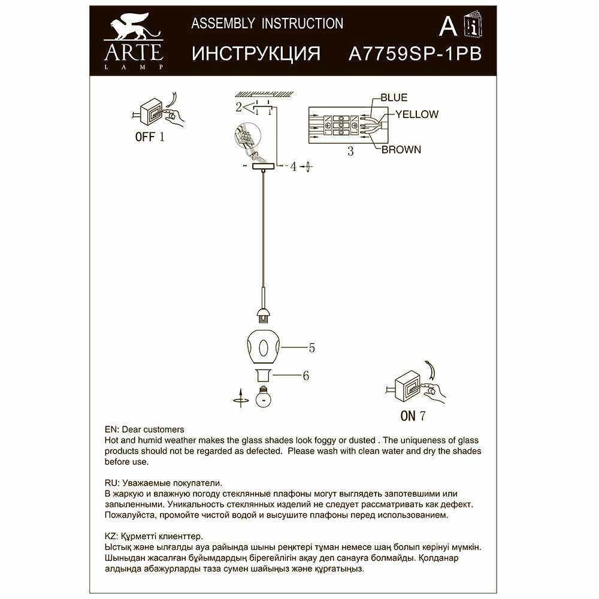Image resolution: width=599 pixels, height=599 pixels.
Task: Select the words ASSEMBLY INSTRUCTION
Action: coord(267,24)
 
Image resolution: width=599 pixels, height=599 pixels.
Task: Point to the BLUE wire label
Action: coord(393,98)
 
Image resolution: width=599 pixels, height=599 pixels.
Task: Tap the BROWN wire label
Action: coord(401,150)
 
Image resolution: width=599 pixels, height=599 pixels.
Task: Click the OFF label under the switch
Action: coord(145,137)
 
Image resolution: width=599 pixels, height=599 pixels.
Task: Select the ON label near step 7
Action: coord(408,415)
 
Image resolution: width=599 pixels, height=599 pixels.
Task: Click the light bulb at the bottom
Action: coord(262,397)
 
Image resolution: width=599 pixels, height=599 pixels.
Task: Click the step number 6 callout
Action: coord(305,376)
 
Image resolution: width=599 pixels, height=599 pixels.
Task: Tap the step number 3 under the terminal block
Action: coord(350,152)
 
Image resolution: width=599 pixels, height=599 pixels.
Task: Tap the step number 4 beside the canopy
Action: coord(294,167)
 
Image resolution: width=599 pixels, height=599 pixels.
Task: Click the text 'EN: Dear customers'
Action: coord(144,429)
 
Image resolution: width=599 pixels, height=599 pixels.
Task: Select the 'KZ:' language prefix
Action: coord(111,536)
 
